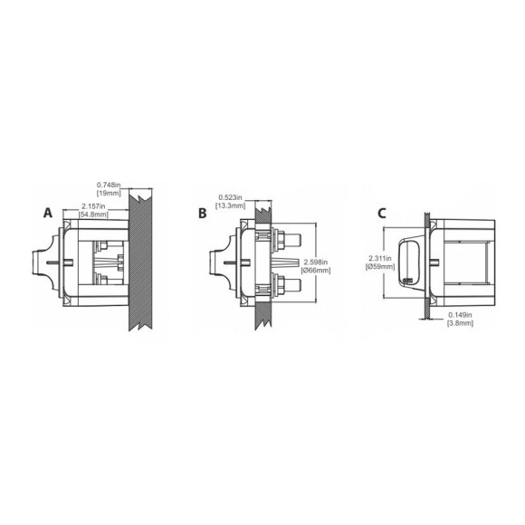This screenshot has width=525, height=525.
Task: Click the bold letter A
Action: pos(47,213)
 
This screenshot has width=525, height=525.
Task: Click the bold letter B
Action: pos(203,213)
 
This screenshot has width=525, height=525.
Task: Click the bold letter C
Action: pos(382,213)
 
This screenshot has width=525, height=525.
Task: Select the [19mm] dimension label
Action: pos(109,194)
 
